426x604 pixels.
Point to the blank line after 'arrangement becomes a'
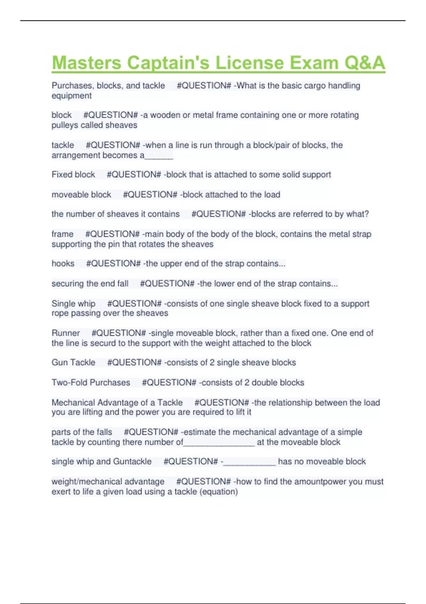[x=159, y=156]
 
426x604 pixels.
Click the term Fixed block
[x=73, y=175]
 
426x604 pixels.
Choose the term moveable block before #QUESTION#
[x=81, y=195]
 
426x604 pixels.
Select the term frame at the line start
[x=62, y=234]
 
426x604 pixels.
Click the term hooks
[x=63, y=264]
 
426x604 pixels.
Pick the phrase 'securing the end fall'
[x=90, y=284]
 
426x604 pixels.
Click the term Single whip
[x=73, y=304]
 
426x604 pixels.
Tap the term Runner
[x=66, y=333]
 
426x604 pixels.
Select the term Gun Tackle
[x=73, y=362]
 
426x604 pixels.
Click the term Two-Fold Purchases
[x=91, y=383]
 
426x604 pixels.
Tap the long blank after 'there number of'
[x=219, y=443]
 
